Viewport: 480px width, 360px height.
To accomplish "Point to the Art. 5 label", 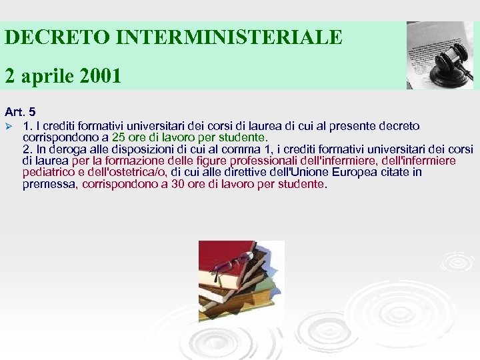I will tap(21, 113).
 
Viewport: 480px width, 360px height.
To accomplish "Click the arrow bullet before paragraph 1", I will tap(9, 125).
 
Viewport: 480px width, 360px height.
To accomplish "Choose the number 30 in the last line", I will tap(178, 184).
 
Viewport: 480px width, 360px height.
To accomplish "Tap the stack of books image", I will tap(237, 280).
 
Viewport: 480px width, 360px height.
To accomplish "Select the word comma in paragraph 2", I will tap(267, 149).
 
